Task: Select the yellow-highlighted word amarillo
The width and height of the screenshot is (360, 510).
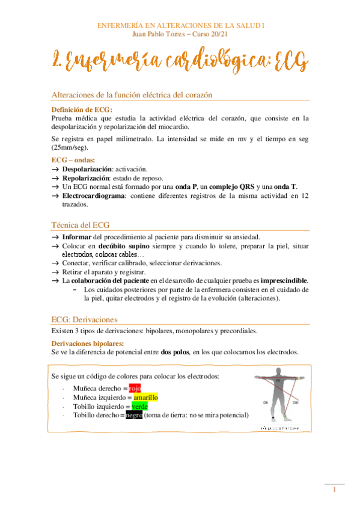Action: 145,398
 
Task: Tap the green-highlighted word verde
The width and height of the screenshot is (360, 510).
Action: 139,407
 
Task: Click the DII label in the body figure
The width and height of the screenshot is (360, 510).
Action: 265,402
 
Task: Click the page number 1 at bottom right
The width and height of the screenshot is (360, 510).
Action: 335,490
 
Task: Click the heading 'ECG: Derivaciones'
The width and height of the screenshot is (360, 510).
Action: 84,319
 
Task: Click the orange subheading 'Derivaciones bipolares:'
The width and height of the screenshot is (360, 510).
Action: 88,343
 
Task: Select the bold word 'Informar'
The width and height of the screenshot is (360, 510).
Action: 78,238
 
